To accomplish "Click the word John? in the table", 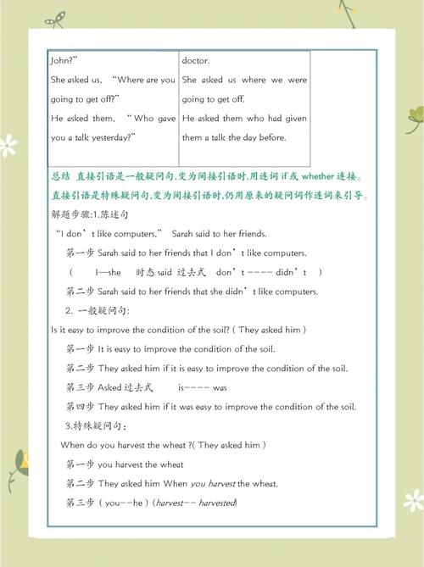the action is [64, 60].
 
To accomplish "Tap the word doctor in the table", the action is [195, 60].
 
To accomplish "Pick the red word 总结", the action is [60, 176].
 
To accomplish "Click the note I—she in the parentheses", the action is [109, 272].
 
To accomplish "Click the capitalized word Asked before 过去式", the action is [109, 387].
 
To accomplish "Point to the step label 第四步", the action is [80, 407].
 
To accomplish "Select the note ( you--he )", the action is [124, 503].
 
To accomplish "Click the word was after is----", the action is [220, 387].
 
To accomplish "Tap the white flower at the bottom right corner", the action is [413, 501].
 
